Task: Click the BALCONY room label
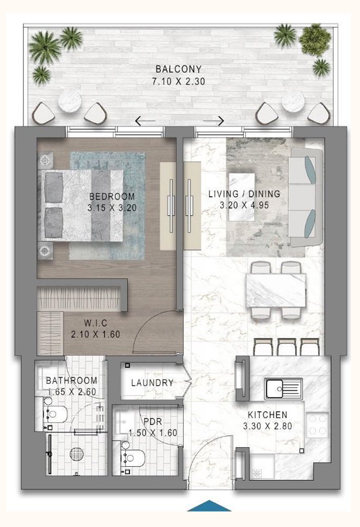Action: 179,70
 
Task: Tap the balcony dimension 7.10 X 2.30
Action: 179,82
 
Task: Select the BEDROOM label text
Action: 111,196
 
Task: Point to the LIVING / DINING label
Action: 244,193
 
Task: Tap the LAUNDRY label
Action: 152,383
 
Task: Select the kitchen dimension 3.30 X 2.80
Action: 267,426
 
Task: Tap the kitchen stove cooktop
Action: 318,424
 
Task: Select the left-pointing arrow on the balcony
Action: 145,121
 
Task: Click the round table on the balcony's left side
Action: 70,101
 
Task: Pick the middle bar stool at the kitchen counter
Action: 287,346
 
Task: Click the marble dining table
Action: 276,290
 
